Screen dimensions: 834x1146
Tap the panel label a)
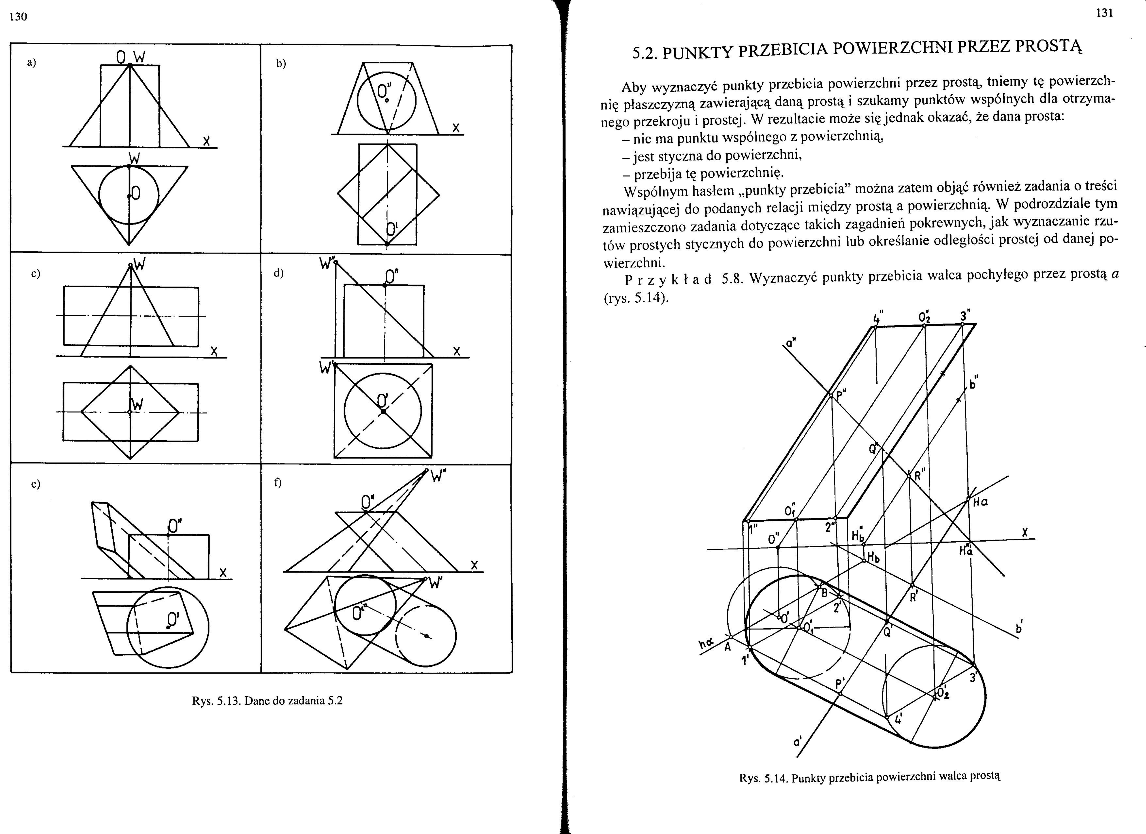click(32, 63)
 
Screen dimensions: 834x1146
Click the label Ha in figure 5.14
click(980, 502)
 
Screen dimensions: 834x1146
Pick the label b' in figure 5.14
click(1019, 628)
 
